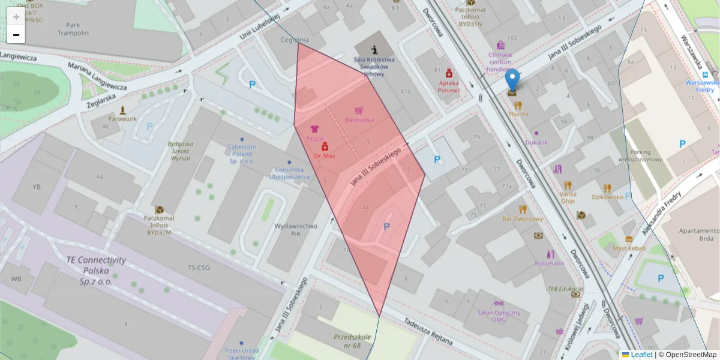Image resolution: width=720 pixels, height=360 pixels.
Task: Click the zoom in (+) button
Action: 16,17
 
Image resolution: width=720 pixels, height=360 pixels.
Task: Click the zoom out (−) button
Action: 16,35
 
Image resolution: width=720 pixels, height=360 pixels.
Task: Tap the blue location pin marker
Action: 512,81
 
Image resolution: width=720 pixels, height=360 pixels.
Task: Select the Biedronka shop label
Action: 359,119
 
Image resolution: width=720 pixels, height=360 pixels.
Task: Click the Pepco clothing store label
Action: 315,138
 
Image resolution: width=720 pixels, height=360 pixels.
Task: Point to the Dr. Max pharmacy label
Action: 325,155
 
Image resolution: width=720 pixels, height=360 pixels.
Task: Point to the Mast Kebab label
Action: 629,248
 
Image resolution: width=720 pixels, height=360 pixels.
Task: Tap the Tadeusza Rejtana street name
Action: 427,329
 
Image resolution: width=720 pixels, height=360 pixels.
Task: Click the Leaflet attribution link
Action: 641,355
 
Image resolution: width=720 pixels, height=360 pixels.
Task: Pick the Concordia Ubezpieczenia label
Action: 289,173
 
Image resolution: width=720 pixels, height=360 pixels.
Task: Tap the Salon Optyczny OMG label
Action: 499,316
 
